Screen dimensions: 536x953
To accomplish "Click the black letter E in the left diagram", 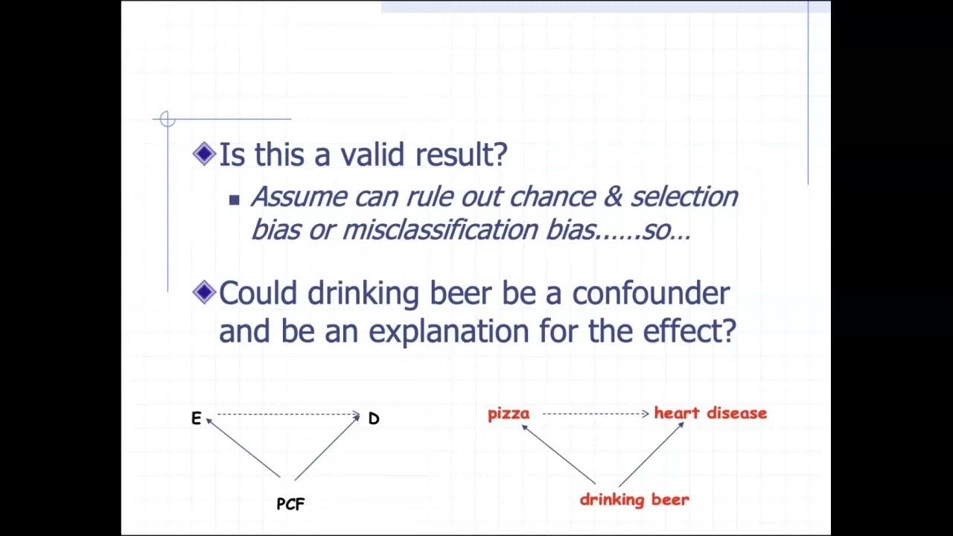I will (x=197, y=418).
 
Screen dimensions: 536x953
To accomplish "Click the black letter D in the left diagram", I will (x=374, y=418).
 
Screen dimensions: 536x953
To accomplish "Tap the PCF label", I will (x=290, y=504).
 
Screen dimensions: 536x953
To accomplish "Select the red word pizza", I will (x=509, y=414).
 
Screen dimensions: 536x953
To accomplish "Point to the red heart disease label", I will (x=710, y=413).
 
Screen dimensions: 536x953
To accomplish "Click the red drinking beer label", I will (x=634, y=500).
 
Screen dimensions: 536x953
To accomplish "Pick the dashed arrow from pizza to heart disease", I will (x=595, y=414).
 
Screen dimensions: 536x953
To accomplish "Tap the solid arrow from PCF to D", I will (x=328, y=447).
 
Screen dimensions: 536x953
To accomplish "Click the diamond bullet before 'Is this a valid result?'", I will (x=203, y=154).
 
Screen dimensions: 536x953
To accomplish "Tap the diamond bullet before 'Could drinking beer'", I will (x=203, y=293).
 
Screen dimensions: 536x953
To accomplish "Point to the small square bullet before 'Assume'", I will (x=235, y=200).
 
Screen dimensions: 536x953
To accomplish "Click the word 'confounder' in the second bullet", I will (x=651, y=293).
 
